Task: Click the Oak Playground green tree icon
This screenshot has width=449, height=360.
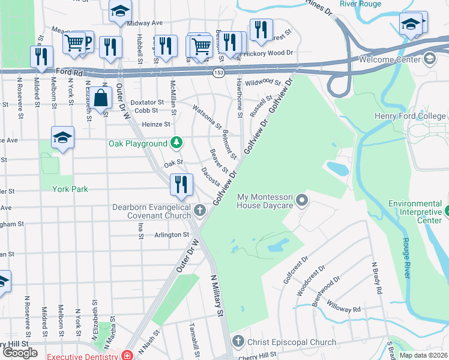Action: (176, 143)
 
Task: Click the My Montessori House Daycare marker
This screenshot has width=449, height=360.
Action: (303, 200)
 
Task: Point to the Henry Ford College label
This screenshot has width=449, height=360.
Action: (417, 115)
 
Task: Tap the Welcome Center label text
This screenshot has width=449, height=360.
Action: (390, 59)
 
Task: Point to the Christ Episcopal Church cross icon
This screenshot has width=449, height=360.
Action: (238, 342)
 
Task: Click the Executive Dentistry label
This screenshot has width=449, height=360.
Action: (82, 356)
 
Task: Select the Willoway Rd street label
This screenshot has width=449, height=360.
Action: (344, 310)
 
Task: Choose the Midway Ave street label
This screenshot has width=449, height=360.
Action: (145, 23)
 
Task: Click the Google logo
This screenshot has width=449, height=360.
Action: (20, 352)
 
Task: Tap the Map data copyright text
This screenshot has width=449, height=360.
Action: (424, 355)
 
